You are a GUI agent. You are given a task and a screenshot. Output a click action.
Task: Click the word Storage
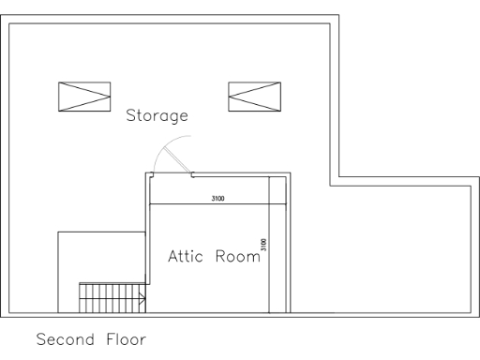pyautogui.click(x=157, y=117)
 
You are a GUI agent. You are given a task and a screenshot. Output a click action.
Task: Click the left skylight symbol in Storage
pyautogui.click(x=84, y=95)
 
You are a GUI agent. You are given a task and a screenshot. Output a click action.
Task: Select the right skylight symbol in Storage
pyautogui.click(x=255, y=95)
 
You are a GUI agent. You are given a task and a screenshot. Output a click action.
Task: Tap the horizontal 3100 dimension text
pyautogui.click(x=217, y=199)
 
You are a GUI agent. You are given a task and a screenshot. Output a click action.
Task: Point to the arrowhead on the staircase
pyautogui.click(x=141, y=300)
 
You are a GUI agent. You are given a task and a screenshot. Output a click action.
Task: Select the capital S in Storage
pyautogui.click(x=132, y=117)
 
